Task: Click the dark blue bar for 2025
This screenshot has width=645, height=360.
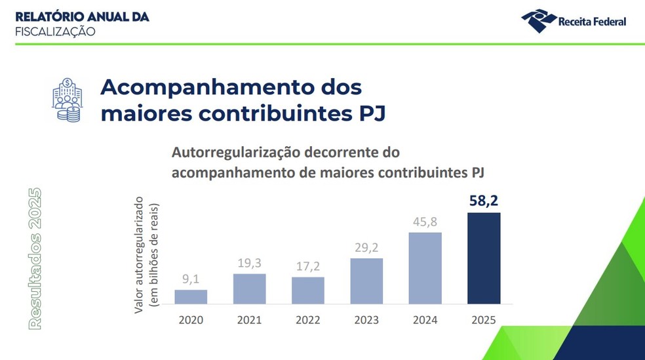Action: [484, 258]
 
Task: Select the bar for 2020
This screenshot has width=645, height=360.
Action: [191, 297]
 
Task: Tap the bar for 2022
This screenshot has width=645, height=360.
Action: [308, 290]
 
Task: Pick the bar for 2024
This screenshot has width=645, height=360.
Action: [425, 268]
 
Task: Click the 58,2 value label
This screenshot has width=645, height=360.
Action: [484, 201]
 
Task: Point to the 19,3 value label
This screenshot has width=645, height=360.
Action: [249, 262]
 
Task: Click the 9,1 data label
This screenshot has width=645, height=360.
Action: [191, 279]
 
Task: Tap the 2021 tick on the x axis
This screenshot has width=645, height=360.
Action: [249, 320]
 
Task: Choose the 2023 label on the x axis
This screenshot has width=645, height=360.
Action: [366, 320]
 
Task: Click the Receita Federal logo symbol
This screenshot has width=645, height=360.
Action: [538, 20]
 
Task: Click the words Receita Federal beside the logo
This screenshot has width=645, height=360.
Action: [592, 22]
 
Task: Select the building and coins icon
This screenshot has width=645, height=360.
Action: [68, 100]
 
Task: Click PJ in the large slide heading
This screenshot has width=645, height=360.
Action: [370, 113]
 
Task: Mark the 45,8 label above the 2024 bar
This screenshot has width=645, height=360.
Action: [425, 222]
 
